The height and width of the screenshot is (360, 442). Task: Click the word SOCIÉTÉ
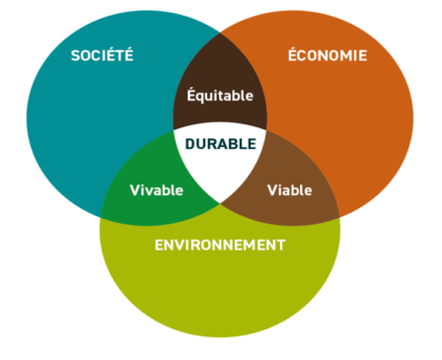tap(102, 55)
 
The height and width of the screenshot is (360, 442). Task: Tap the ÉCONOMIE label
tap(327, 55)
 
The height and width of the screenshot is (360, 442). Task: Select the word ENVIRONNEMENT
tap(220, 244)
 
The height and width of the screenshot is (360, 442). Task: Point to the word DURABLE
tap(219, 143)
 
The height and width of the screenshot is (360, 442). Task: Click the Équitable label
tap(220, 96)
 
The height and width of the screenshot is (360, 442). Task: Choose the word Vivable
tap(156, 189)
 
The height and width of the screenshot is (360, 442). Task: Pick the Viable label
tap(289, 189)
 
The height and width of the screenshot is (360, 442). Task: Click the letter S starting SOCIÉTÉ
tap(75, 55)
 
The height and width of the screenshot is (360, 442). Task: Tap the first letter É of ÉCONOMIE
tap(292, 55)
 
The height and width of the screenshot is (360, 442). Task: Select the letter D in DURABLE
tap(188, 143)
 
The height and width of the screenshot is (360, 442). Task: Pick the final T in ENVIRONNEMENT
tap(281, 244)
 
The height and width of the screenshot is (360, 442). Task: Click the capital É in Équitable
tap(191, 96)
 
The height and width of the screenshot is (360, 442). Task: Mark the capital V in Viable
tap(271, 189)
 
